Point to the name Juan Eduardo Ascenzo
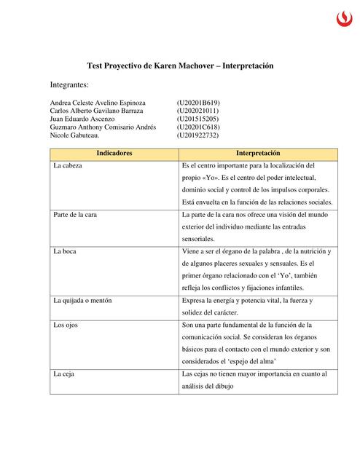[x=82, y=119]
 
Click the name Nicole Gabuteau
[x=75, y=135]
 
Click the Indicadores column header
[x=114, y=154]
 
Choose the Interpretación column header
[x=258, y=154]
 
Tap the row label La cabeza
[x=69, y=167]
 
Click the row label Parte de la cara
[x=76, y=215]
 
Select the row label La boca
[x=66, y=251]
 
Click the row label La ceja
[x=65, y=374]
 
